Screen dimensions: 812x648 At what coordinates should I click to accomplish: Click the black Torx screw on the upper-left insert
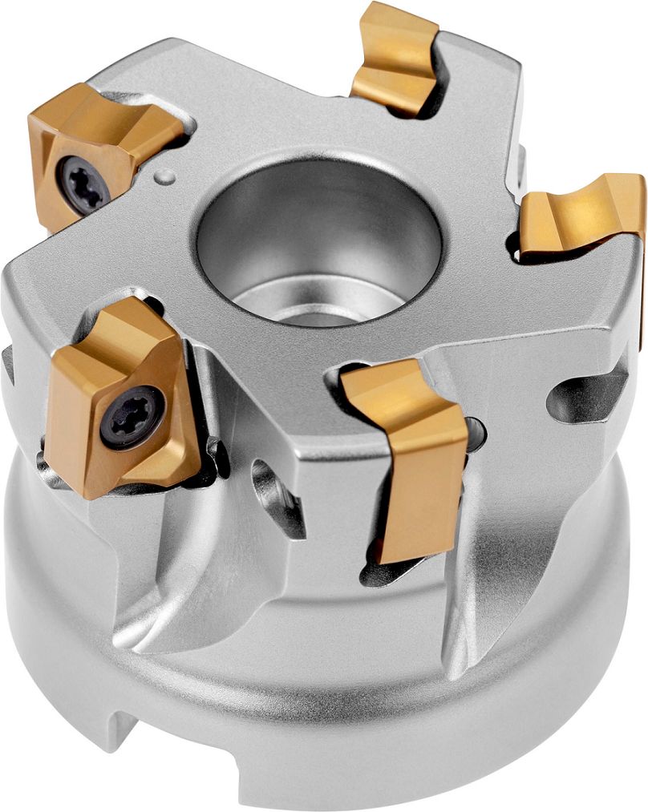click(x=84, y=183)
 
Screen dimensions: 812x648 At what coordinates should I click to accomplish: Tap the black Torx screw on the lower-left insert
click(x=132, y=417)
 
